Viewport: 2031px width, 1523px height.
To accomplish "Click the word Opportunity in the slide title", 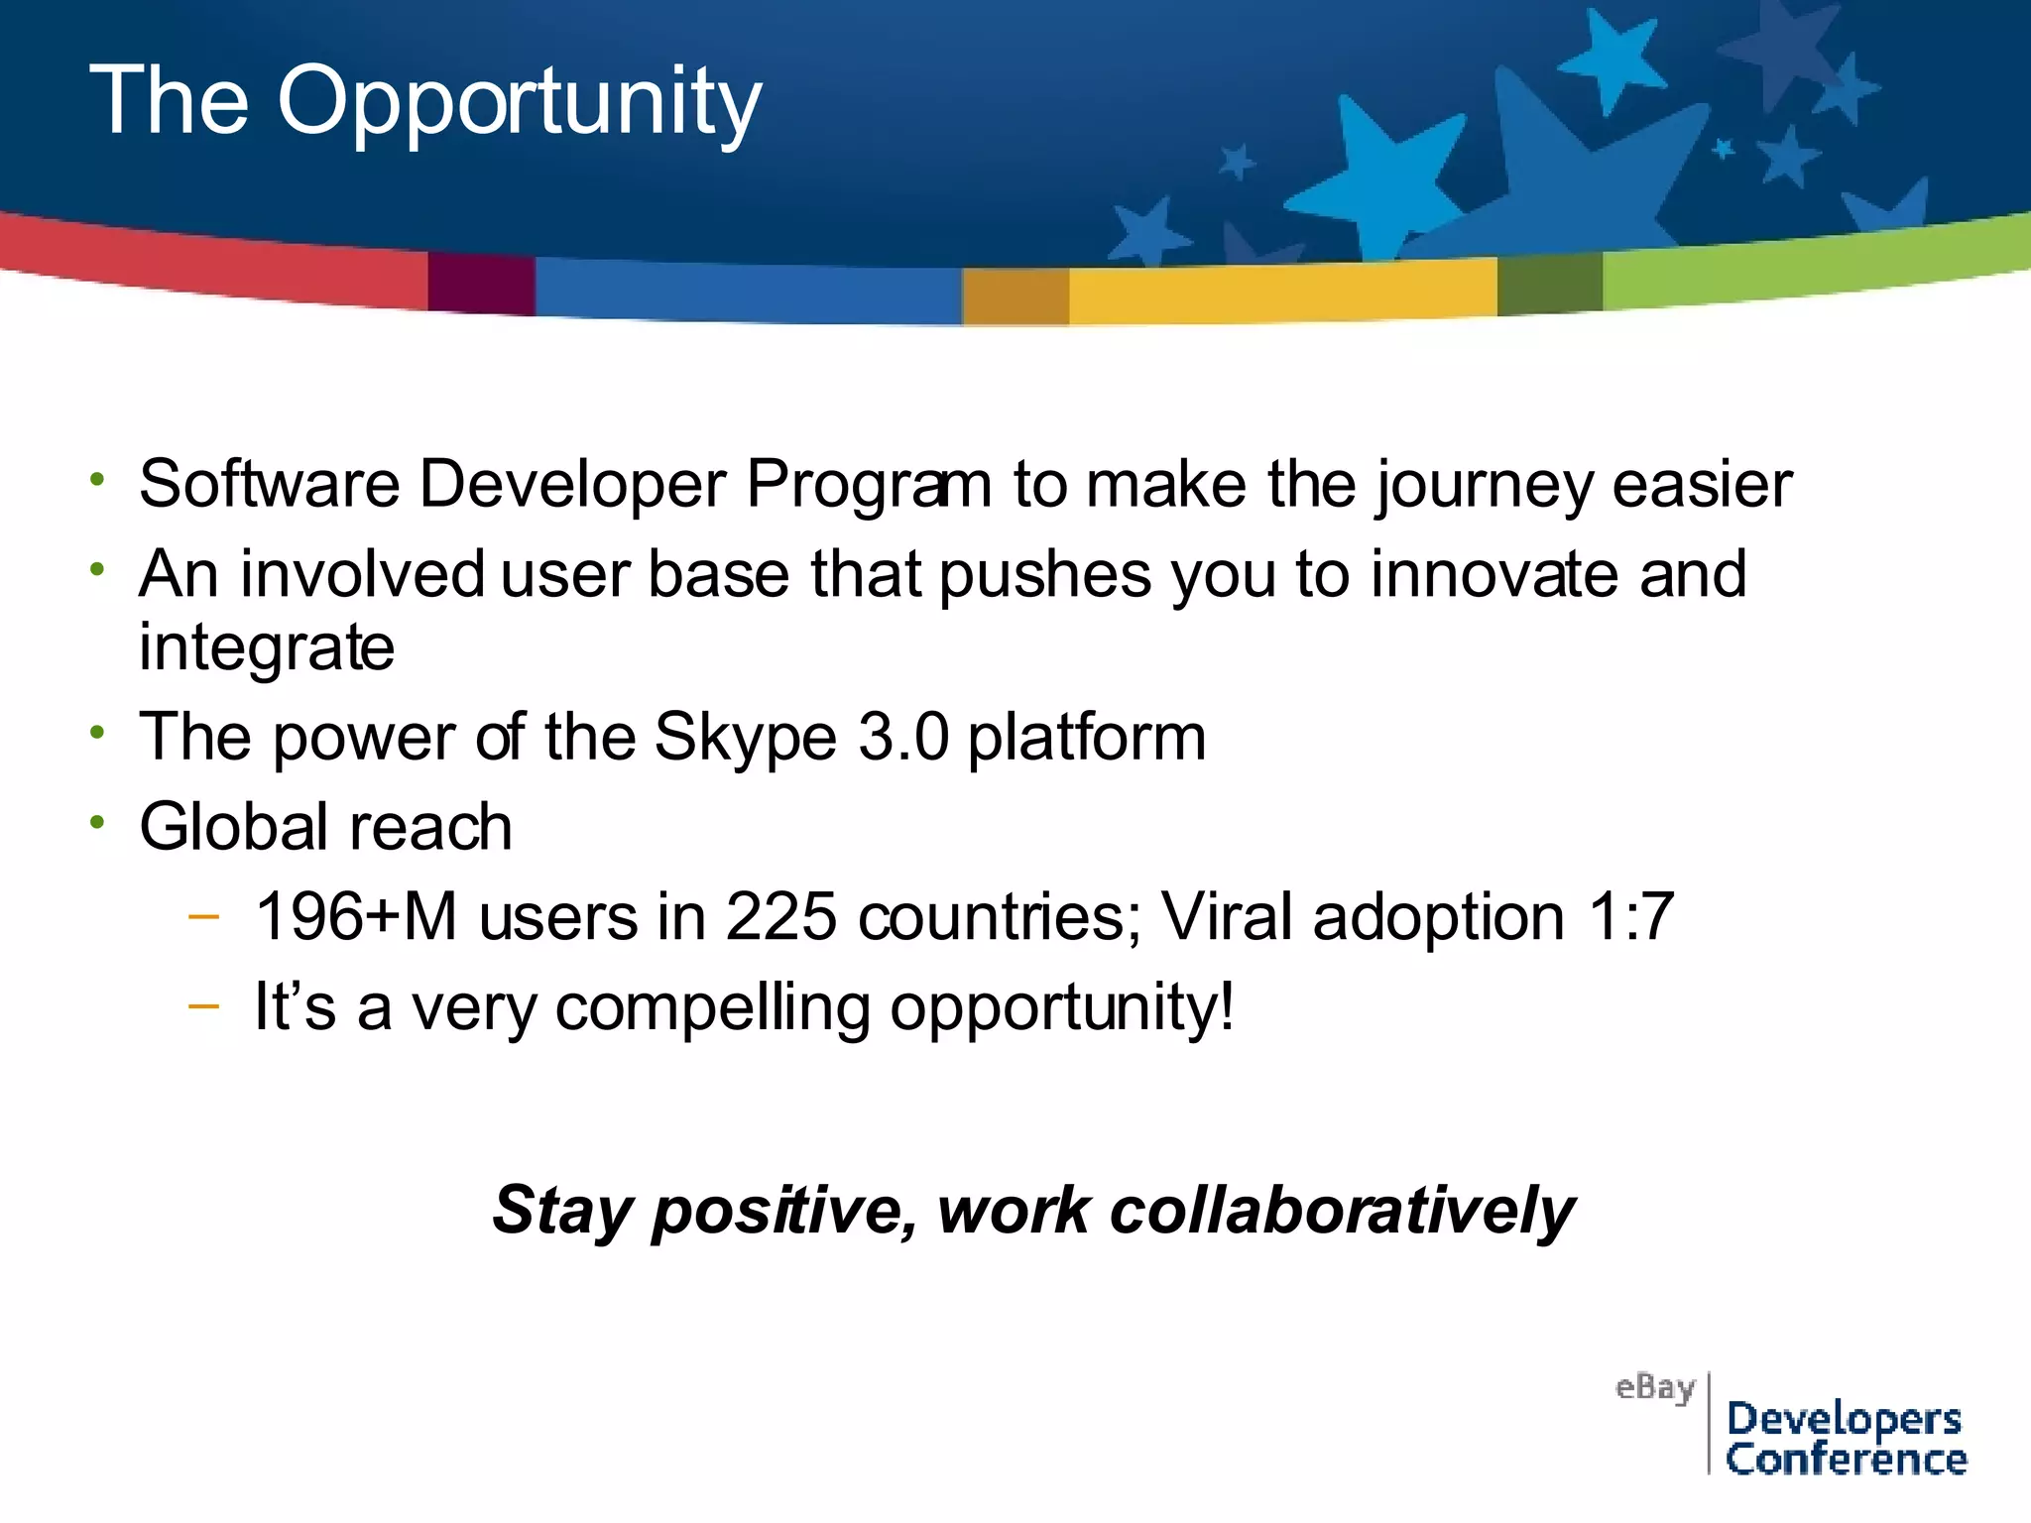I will pyautogui.click(x=519, y=102).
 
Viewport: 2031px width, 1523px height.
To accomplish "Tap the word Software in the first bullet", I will pyautogui.click(x=269, y=484).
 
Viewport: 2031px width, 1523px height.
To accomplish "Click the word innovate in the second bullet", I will pyautogui.click(x=1494, y=574).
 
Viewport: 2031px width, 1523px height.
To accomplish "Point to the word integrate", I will pyautogui.click(x=266, y=648).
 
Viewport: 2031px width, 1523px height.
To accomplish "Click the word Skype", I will pyautogui.click(x=745, y=738).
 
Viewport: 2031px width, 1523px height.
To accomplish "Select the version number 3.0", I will pyautogui.click(x=902, y=737).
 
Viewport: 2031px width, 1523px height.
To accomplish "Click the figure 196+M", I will pyautogui.click(x=355, y=916).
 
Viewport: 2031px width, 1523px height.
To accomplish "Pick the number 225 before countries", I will pyautogui.click(x=780, y=916).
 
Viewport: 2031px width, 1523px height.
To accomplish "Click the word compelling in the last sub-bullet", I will pyautogui.click(x=712, y=1008).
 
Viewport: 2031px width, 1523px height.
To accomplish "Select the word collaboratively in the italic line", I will pyautogui.click(x=1341, y=1211).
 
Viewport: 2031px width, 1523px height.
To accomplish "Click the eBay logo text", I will pyautogui.click(x=1654, y=1387).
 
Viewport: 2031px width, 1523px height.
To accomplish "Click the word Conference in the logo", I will pyautogui.click(x=1846, y=1460).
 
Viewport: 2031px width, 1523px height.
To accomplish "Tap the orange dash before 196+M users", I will pyautogui.click(x=203, y=917).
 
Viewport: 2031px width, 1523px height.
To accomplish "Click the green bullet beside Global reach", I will pyautogui.click(x=96, y=822).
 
